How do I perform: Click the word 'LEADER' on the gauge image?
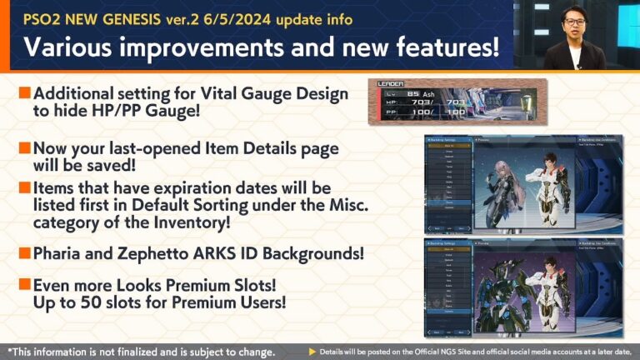[x=391, y=84]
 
